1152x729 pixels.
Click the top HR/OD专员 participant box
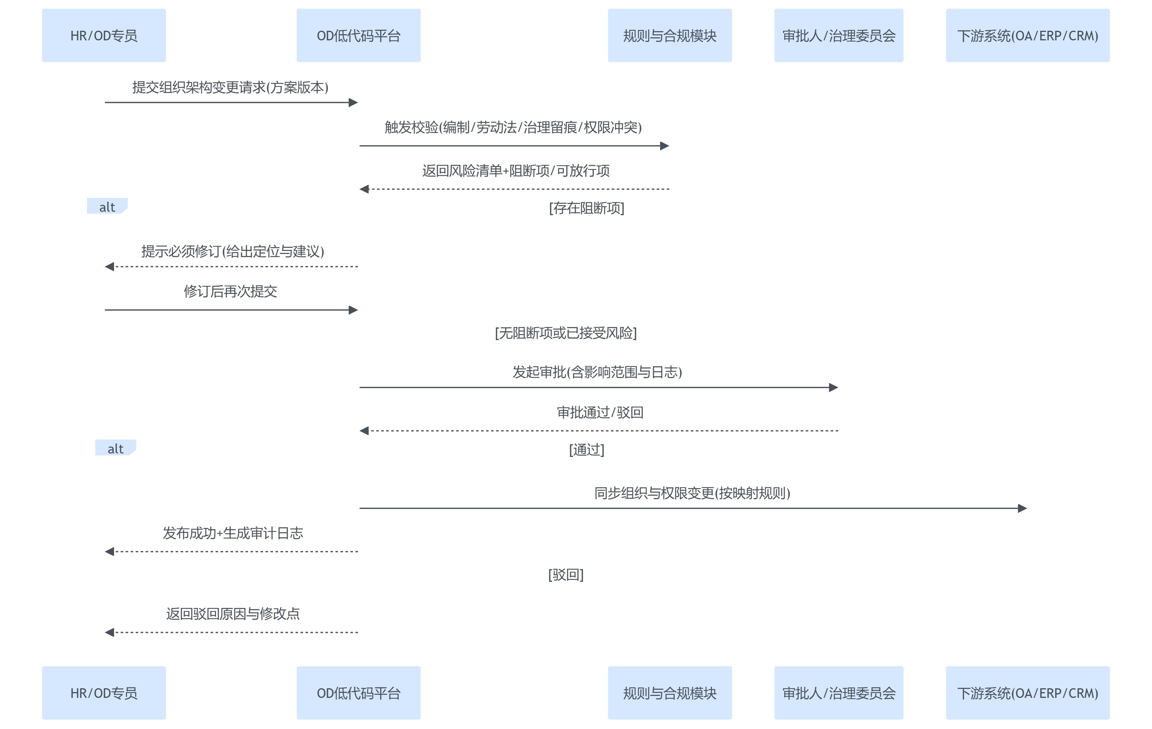coord(104,35)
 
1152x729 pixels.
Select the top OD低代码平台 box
coord(358,35)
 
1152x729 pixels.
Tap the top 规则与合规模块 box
coord(669,35)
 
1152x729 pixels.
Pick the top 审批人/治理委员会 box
coord(838,35)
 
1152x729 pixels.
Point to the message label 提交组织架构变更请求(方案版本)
coord(230,87)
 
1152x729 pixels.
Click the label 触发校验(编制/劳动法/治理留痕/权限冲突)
coord(513,127)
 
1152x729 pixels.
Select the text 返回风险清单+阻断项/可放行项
coord(515,171)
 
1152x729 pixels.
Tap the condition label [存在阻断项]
coord(586,208)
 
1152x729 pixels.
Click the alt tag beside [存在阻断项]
coord(107,207)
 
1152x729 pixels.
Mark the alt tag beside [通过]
coord(115,448)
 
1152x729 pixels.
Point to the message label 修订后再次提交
coord(230,292)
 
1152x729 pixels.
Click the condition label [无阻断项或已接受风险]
coord(566,333)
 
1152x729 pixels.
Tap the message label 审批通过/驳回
coord(599,413)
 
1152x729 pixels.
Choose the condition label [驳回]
coord(566,575)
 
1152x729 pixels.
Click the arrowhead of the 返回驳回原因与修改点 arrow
coord(109,632)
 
